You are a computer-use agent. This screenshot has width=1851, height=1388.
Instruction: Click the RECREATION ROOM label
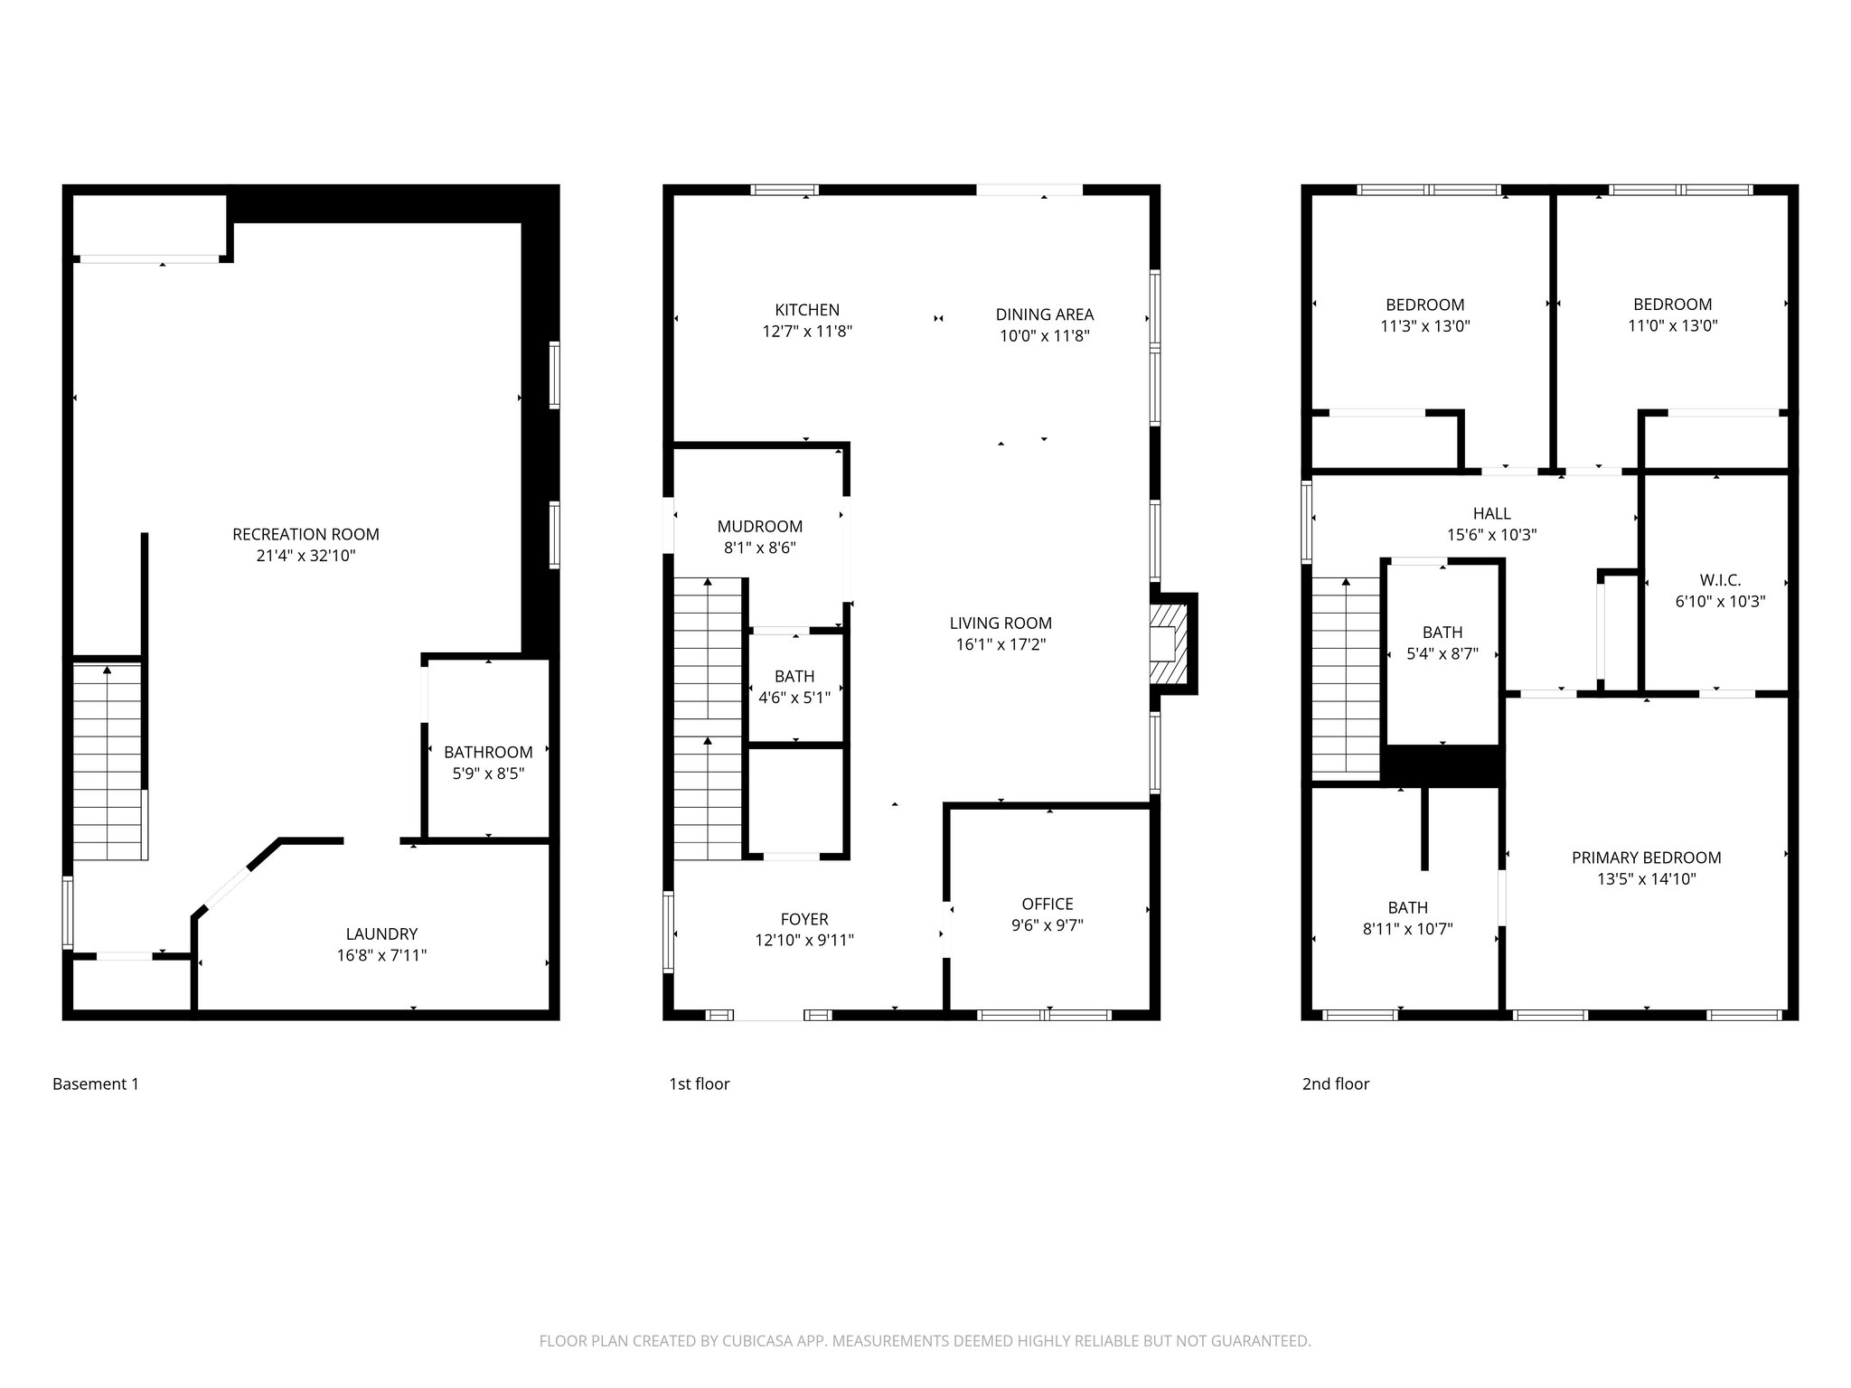coord(305,534)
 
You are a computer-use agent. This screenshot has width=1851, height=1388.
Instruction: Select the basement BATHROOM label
coord(488,752)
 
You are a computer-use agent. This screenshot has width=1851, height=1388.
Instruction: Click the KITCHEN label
coord(807,310)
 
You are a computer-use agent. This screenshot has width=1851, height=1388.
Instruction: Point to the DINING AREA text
coord(1044,314)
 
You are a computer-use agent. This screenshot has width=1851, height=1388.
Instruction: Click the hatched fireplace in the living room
coord(1166,643)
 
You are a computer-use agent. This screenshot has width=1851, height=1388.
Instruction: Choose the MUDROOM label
coord(759,526)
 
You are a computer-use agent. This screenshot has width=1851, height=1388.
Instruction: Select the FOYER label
coord(804,919)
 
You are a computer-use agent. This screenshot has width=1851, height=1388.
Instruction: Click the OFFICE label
coord(1048,904)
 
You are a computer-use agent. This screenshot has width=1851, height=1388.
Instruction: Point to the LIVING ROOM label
coord(1001,623)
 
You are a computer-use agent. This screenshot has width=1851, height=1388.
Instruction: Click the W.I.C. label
coord(1719,580)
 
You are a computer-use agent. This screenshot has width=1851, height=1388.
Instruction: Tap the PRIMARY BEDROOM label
coord(1646,858)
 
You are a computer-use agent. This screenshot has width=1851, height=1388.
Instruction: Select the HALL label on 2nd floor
coord(1491,513)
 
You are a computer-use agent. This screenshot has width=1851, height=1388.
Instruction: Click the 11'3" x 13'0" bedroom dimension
coord(1424,326)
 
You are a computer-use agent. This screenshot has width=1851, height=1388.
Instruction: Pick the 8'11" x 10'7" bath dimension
coord(1407,929)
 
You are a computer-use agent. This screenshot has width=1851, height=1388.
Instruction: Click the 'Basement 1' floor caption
coord(96,1083)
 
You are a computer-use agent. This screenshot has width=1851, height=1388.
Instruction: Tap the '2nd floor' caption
coord(1335,1083)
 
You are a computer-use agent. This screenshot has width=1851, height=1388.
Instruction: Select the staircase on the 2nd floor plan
coord(1346,678)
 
